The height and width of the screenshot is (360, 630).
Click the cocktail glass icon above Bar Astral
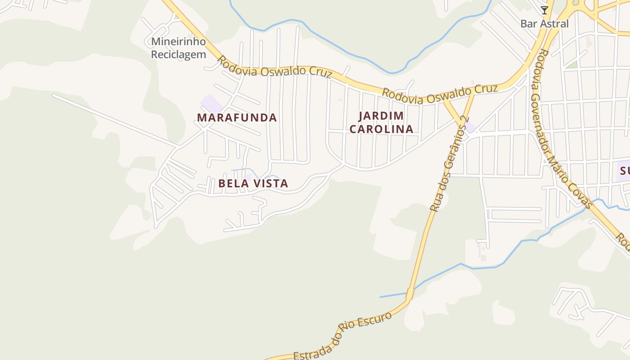544,10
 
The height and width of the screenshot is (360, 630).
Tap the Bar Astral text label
544,23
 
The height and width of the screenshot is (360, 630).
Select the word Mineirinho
178,42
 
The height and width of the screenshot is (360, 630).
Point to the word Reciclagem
178,54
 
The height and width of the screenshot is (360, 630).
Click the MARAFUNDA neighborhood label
237,118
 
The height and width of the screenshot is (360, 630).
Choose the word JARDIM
381,116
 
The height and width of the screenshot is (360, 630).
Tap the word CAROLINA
381,129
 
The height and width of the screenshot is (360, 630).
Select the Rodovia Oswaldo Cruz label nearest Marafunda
275,68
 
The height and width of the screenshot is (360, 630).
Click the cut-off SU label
625,171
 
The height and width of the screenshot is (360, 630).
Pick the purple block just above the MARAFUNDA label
211,103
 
